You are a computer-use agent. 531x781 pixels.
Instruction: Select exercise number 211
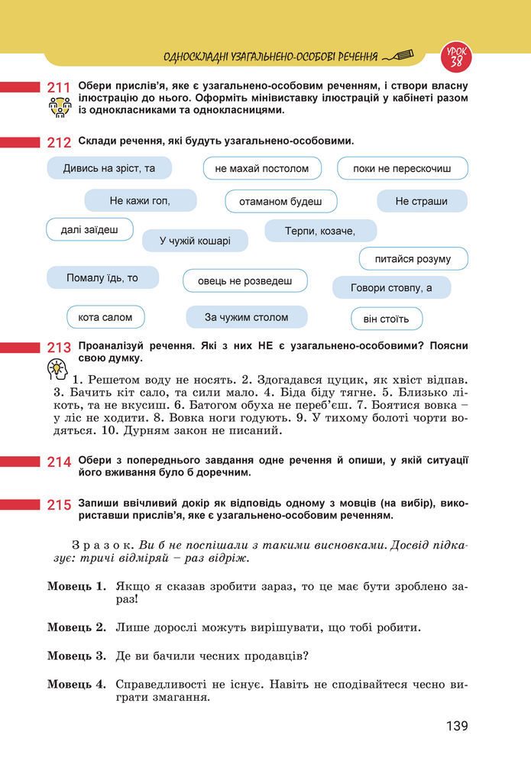[59, 88]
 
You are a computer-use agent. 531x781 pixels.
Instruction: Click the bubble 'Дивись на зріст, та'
[109, 168]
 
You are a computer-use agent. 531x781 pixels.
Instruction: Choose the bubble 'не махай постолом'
[262, 168]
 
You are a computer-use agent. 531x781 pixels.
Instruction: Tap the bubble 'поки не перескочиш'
[402, 168]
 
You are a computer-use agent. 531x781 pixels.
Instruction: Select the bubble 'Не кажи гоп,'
[140, 201]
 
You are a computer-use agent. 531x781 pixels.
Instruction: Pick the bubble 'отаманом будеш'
[280, 202]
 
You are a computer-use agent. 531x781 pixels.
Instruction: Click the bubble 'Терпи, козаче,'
[320, 231]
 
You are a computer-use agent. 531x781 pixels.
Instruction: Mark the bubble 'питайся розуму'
[413, 259]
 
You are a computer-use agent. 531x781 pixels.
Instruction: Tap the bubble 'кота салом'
[105, 316]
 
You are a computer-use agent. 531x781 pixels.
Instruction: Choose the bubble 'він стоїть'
[387, 319]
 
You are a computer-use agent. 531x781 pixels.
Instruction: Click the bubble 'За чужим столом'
[246, 316]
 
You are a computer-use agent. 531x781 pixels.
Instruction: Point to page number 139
[457, 726]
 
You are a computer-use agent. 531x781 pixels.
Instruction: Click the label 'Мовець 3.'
[76, 656]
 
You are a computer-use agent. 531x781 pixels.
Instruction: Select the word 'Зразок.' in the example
[104, 546]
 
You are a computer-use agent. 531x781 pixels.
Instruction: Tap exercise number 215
[59, 504]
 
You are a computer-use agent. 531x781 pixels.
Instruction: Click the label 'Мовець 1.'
[76, 587]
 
